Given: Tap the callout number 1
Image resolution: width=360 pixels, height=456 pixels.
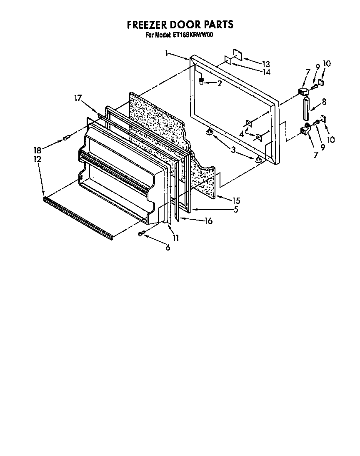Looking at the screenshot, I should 166,53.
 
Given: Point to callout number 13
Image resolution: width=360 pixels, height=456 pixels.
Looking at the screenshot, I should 266,64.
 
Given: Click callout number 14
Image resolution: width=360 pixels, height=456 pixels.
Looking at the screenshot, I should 266,72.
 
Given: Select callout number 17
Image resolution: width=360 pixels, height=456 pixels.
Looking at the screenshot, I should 77,98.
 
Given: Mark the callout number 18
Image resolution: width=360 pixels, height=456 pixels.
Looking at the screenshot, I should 37,150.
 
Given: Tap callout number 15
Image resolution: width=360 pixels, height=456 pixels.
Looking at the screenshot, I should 236,200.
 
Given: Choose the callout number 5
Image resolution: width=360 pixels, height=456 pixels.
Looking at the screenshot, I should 236,210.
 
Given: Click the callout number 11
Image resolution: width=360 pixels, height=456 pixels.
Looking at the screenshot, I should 175,238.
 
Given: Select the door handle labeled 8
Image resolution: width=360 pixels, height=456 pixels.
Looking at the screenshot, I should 307,109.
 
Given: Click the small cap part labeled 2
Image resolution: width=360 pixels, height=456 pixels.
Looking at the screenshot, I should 202,81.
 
